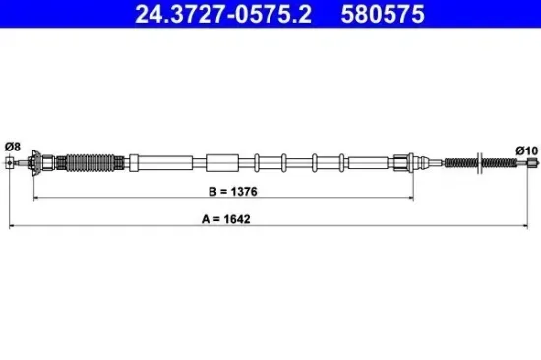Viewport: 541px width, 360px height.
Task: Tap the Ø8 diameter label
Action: [12, 147]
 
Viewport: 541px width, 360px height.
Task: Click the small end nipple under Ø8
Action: [11, 163]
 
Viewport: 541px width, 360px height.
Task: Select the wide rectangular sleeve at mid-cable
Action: [221, 162]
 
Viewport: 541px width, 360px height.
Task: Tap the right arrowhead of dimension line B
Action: [412, 199]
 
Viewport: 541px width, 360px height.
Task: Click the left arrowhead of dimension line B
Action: [38, 199]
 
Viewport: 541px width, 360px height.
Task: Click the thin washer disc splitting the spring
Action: [478, 162]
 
